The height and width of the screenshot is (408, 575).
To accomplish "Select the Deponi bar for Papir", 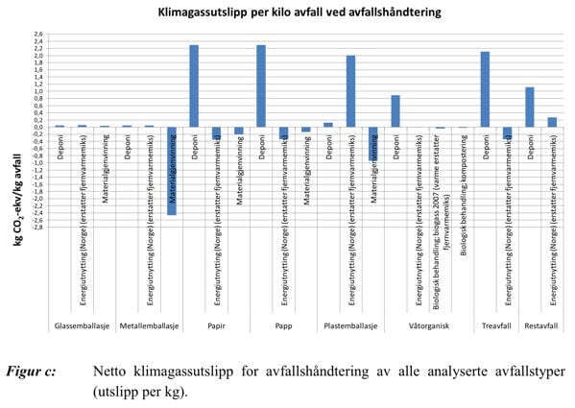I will tap(194, 86).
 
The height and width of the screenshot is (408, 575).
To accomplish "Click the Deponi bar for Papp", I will tap(261, 86).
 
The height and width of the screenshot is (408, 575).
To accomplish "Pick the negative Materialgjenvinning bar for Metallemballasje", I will tap(171, 171).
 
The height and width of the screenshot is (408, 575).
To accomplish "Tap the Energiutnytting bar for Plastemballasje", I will tap(351, 91).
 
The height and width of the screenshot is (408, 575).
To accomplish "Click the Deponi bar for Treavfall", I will tap(486, 89).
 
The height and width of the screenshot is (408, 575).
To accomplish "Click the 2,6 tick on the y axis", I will tap(37, 35).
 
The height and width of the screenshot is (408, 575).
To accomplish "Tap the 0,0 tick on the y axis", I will tap(37, 127).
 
